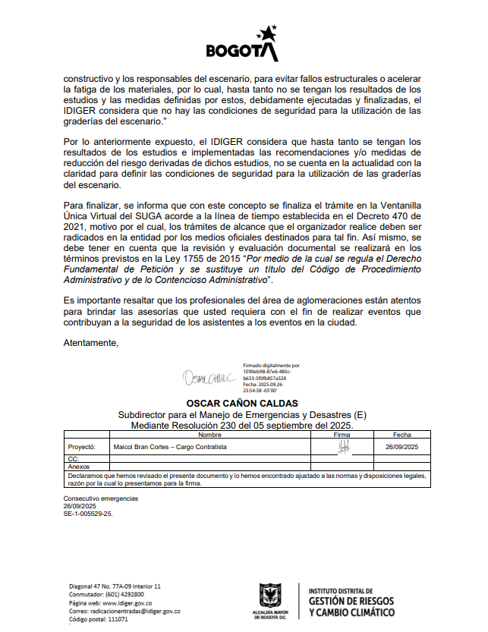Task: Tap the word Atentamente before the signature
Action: (91, 343)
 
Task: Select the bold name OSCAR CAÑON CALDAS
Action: (242, 403)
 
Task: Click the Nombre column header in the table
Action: (209, 435)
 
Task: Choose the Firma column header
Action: (342, 435)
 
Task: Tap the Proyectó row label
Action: (80, 448)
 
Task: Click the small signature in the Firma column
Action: (342, 447)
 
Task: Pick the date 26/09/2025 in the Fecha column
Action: (402, 448)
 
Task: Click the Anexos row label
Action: (78, 467)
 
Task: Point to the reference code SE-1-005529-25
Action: (87, 514)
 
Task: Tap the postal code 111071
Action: (118, 619)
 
